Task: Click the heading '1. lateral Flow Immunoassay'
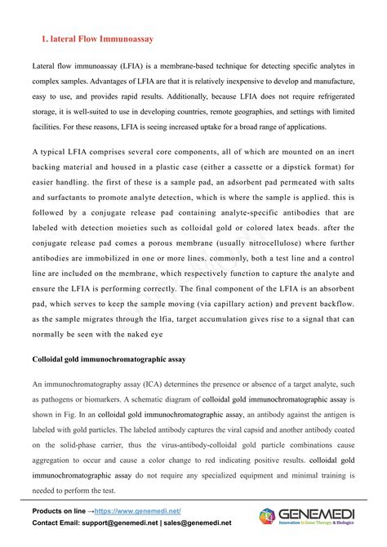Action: coord(97,38)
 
